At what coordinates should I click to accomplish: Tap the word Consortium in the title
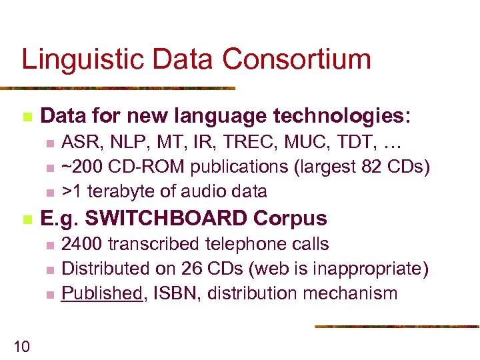[297, 59]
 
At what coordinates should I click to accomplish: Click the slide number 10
[21, 345]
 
